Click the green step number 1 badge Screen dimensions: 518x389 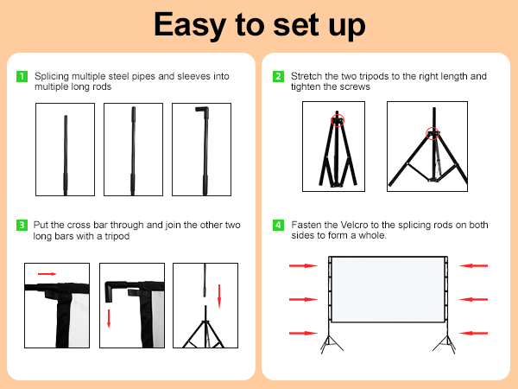tap(22, 76)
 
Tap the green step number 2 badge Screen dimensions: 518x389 tap(278, 76)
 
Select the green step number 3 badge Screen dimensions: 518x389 tap(22, 226)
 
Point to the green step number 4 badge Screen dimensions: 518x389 tap(278, 226)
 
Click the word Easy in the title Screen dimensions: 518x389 tap(190, 25)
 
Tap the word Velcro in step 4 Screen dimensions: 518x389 tap(354, 225)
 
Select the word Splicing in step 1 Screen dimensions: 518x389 tap(52, 76)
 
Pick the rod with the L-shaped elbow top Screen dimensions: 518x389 tap(205, 150)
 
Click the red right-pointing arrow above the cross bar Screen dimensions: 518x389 tap(47, 274)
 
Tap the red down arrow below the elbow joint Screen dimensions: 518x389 tap(109, 318)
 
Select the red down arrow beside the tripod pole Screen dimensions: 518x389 tap(219, 296)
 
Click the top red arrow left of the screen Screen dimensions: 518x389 tap(303, 265)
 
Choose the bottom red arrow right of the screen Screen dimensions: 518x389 tap(473, 333)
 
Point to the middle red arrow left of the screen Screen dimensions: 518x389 tap(303, 299)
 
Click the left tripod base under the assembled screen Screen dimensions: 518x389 tap(330, 344)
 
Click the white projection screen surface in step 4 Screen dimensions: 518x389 tap(388, 290)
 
